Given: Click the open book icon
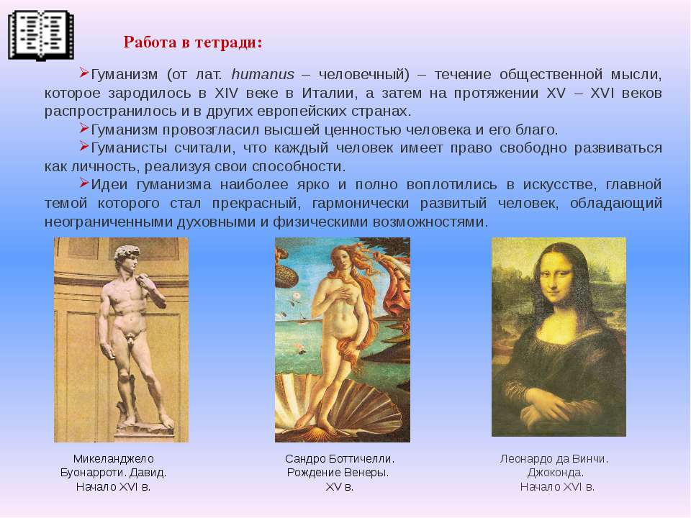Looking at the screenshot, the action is coord(41,35).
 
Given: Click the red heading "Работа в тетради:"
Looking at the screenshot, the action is coord(193,42).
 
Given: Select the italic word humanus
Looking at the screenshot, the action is coord(263,74).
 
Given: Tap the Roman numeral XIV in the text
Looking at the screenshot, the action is coord(226,93).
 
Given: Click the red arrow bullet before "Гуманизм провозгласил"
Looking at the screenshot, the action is coord(84,128).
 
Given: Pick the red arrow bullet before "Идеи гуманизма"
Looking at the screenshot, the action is coord(84,182).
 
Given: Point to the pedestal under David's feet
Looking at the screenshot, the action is coord(144,432).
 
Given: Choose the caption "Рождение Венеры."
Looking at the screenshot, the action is coord(338,473).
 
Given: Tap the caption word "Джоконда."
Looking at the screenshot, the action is coord(555,473).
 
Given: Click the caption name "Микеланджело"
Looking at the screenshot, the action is coord(113,459).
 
